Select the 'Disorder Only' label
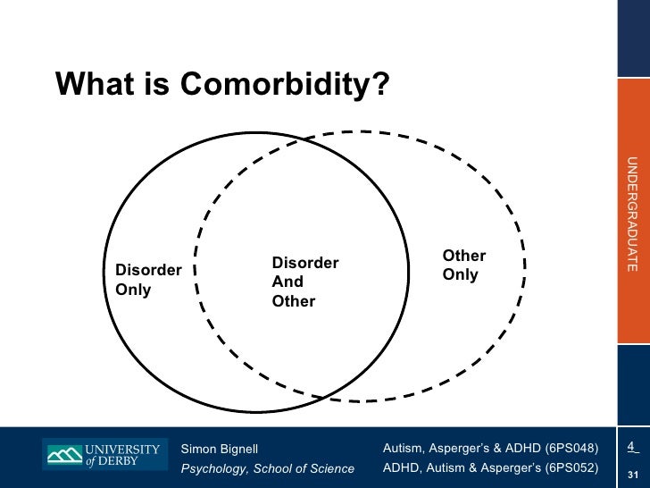(148, 280)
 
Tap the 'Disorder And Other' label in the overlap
(304, 282)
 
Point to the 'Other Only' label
(463, 265)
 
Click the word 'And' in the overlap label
(287, 282)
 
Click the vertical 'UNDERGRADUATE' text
(631, 214)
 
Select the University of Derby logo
(104, 455)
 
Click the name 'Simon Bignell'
(219, 448)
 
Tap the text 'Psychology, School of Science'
(267, 468)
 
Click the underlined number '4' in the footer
(630, 446)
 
